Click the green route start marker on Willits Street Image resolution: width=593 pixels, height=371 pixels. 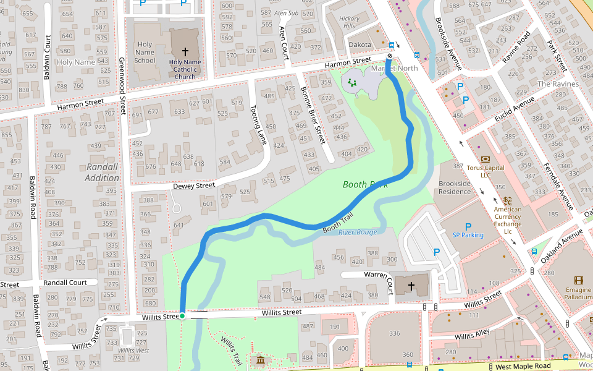pos(182,316)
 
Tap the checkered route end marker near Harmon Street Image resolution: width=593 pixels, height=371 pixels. pos(390,56)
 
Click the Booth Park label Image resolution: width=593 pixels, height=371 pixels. pos(364,184)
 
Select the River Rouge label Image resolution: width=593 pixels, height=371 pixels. pos(357,232)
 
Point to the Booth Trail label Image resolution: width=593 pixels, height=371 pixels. pos(338,224)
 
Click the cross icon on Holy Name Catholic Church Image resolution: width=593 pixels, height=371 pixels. pos(185,52)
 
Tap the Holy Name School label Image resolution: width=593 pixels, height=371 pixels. pos(145,52)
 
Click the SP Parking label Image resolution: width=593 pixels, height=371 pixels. pos(468,235)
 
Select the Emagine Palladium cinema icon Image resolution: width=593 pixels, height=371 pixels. pos(578,281)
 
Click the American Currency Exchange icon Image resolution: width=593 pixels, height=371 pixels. pos(508,200)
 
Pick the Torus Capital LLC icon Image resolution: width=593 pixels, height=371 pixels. pos(485,159)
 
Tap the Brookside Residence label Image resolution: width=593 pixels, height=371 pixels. pos(455,187)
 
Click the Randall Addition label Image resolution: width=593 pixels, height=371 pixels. pos(102,173)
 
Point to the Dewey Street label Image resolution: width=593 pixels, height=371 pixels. pos(194,185)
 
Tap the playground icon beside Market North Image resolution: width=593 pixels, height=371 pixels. pos(352,82)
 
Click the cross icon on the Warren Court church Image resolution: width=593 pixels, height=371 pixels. pos(412,286)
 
